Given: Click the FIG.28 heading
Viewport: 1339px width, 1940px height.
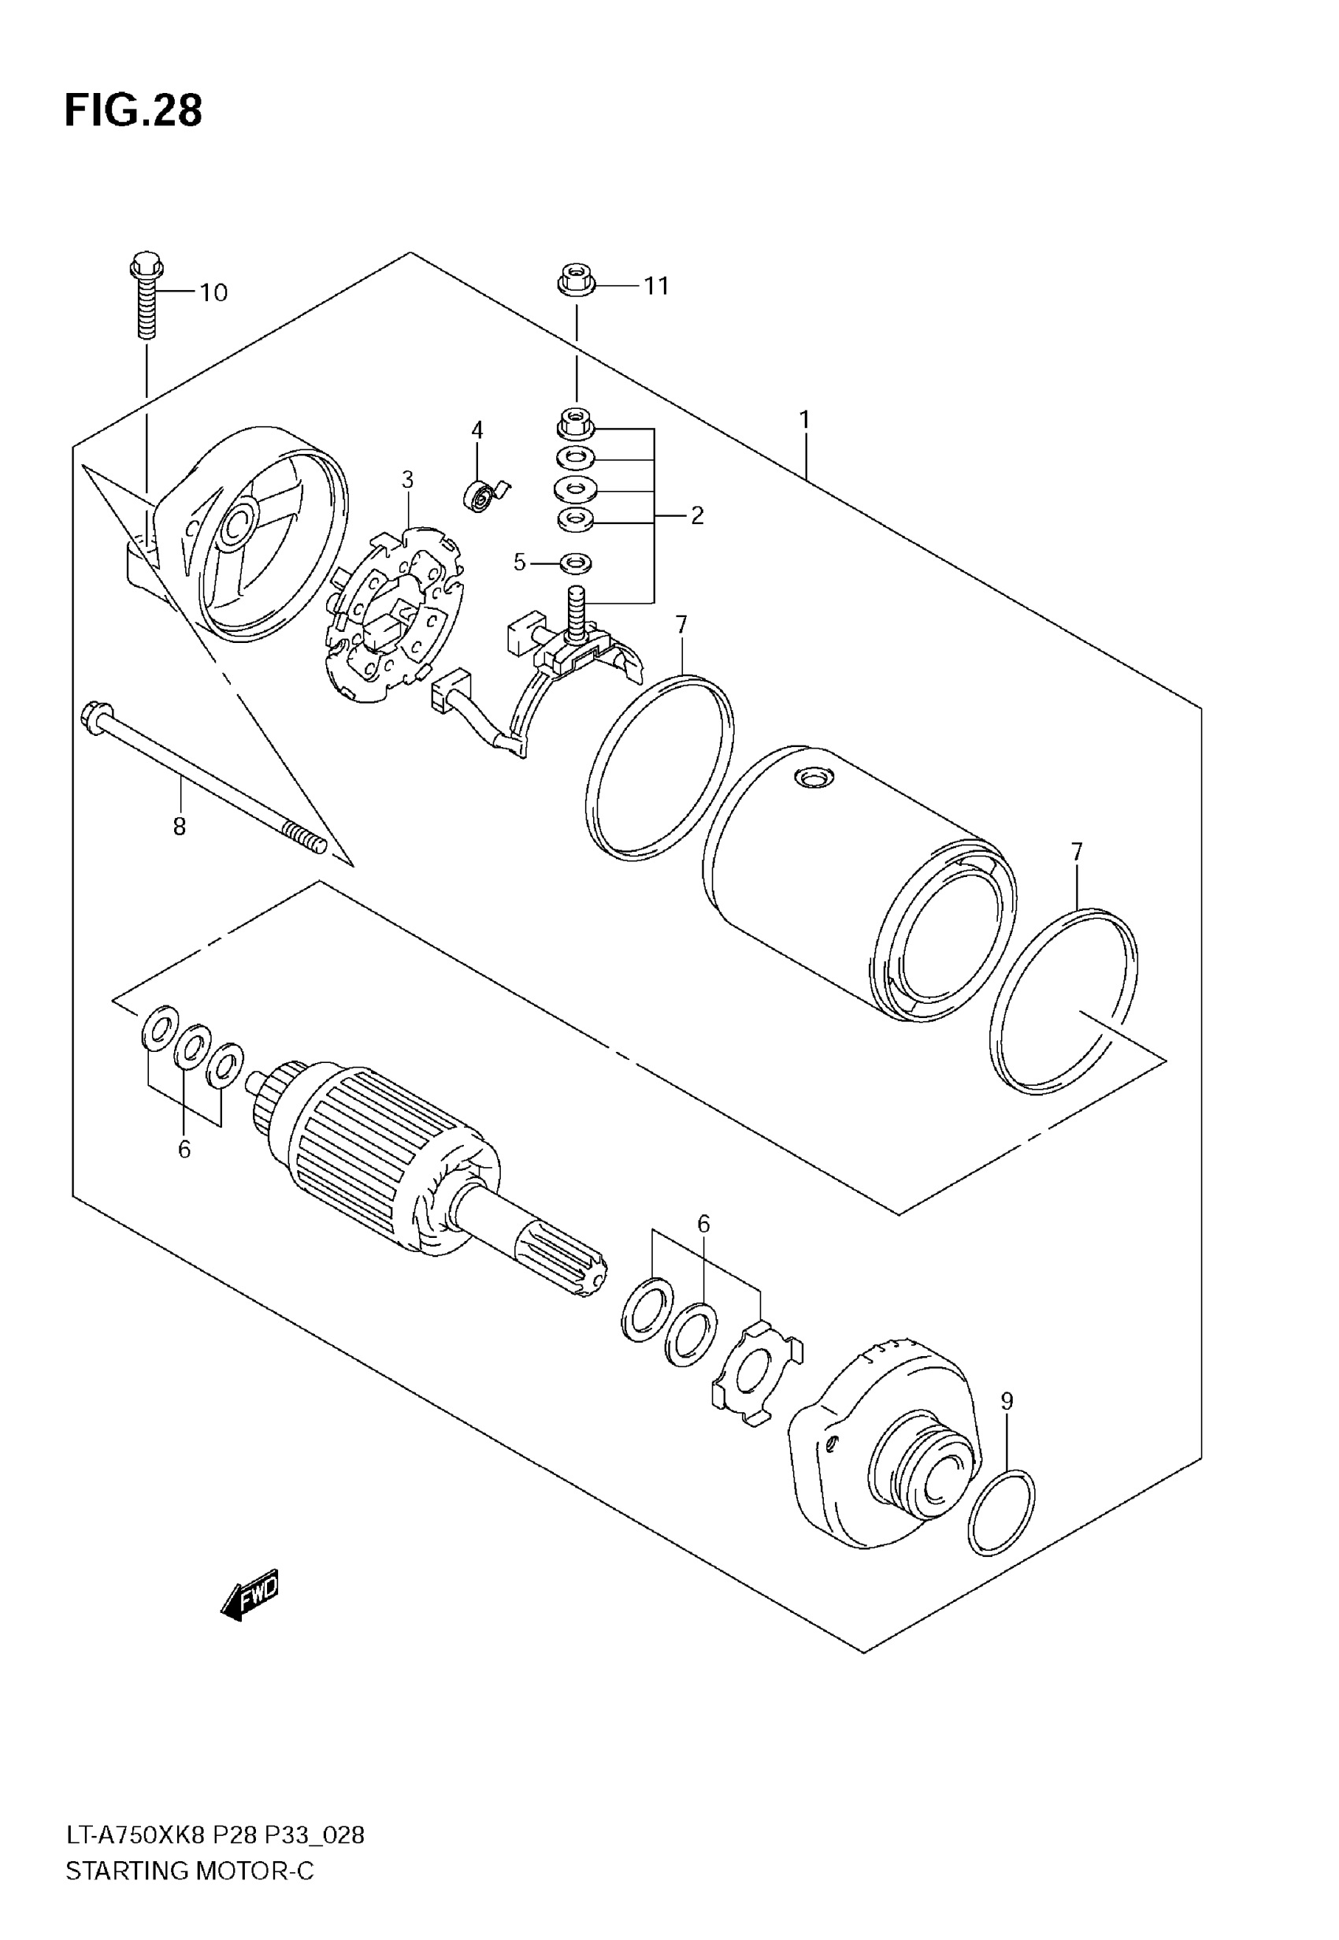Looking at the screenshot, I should [133, 111].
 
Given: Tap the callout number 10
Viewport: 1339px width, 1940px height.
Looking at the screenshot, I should [213, 293].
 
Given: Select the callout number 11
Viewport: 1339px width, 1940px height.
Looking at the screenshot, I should [656, 286].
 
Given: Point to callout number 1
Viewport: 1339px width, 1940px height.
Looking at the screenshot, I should [803, 418].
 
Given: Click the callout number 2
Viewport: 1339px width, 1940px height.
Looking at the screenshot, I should [696, 515].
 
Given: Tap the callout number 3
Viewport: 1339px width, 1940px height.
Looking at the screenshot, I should [407, 480].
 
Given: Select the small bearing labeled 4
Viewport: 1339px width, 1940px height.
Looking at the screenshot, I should [480, 496].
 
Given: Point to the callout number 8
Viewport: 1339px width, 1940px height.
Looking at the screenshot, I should [179, 827].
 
